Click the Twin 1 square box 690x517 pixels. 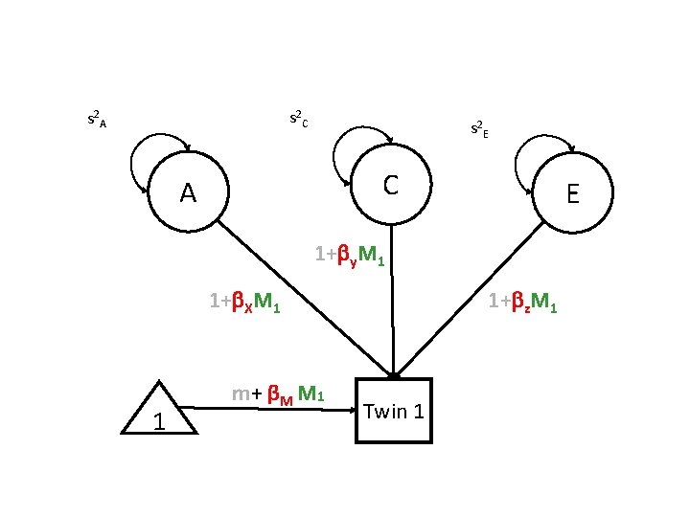click(394, 413)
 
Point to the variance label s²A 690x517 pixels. click(97, 120)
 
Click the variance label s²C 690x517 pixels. click(298, 120)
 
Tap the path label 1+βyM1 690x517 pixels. click(350, 256)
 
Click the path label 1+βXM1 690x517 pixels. click(244, 303)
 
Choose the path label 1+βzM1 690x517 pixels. click(522, 303)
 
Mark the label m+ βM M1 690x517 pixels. click(279, 393)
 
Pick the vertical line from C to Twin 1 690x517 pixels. click(392, 316)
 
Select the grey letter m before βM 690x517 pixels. click(241, 393)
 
